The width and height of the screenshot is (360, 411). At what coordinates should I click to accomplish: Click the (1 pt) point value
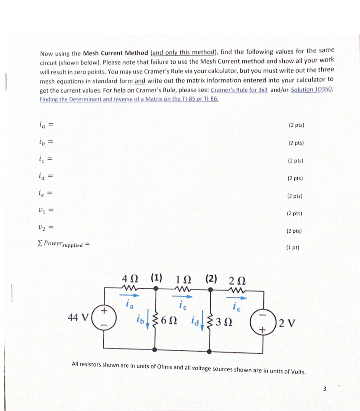(292, 248)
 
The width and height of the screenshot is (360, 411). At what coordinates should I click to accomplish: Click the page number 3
(325, 389)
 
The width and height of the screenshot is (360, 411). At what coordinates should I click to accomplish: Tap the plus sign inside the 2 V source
(263, 330)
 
